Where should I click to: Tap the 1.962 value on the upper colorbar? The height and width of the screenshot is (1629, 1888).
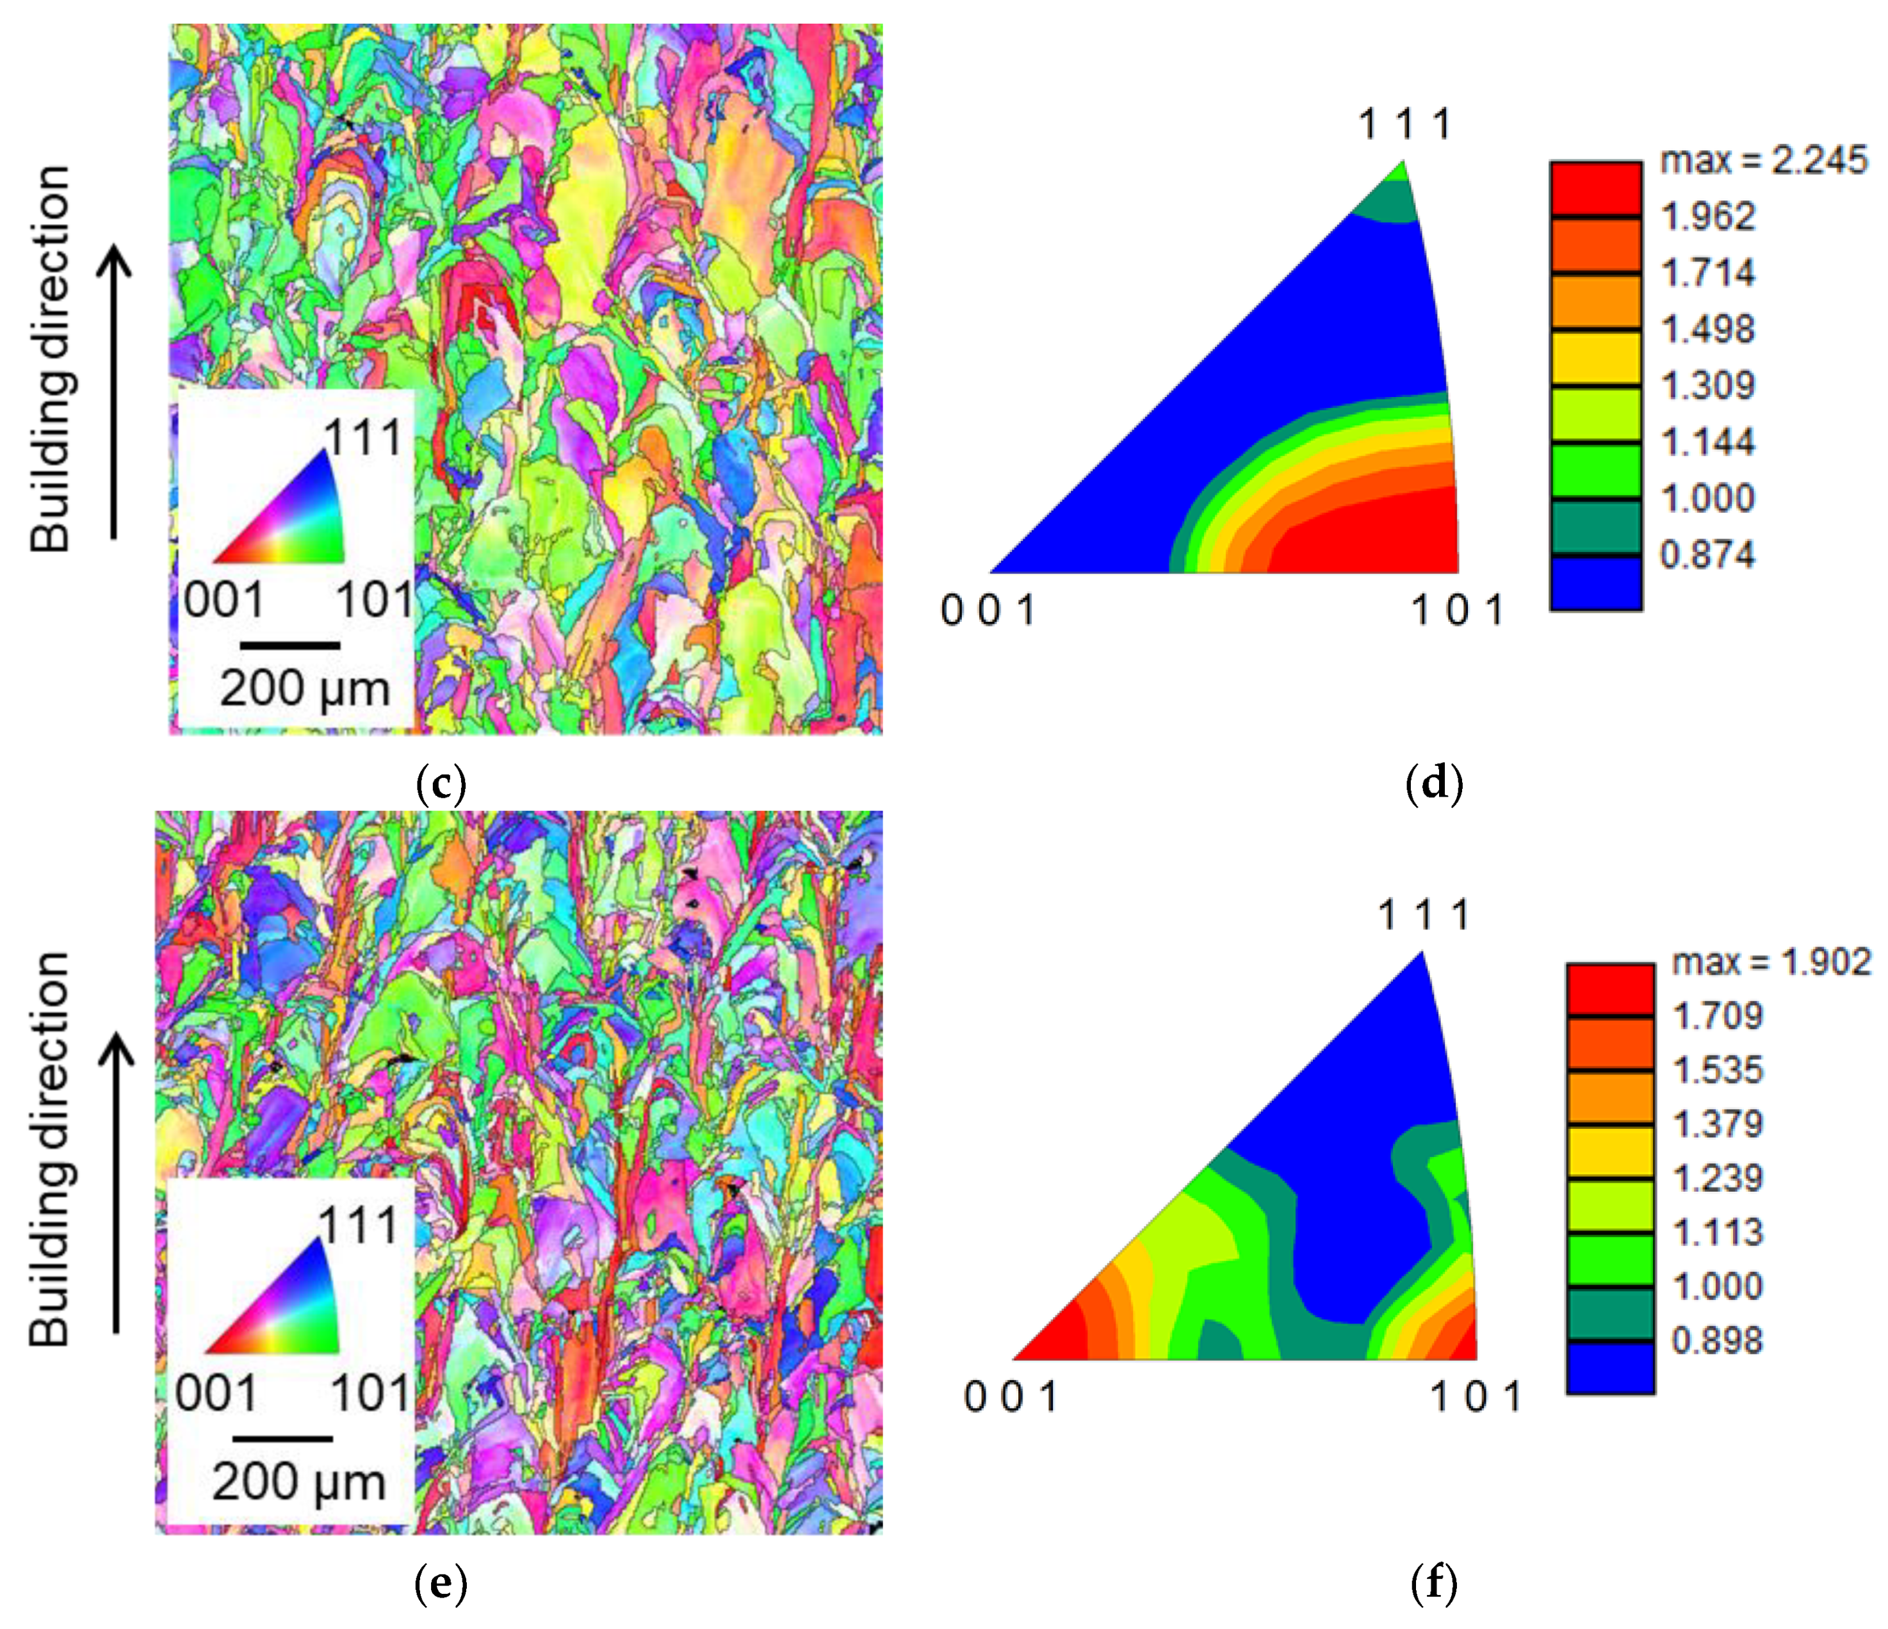1707,217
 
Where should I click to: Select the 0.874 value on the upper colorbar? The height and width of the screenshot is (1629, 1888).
1707,554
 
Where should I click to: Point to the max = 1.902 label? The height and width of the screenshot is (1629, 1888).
1770,962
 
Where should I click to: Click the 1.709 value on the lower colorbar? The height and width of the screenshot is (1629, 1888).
1718,1015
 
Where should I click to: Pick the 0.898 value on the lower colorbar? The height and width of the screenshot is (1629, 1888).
1718,1340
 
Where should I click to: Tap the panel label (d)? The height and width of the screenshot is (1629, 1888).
1434,784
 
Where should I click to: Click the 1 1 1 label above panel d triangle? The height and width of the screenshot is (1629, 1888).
1404,125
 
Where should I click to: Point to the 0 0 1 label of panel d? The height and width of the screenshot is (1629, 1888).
989,610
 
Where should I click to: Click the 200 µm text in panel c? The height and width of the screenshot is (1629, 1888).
304,689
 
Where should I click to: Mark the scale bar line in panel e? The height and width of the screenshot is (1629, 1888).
282,1439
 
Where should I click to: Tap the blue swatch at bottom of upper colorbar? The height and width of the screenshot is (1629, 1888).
1595,583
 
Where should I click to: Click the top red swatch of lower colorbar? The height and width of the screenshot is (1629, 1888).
1610,989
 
